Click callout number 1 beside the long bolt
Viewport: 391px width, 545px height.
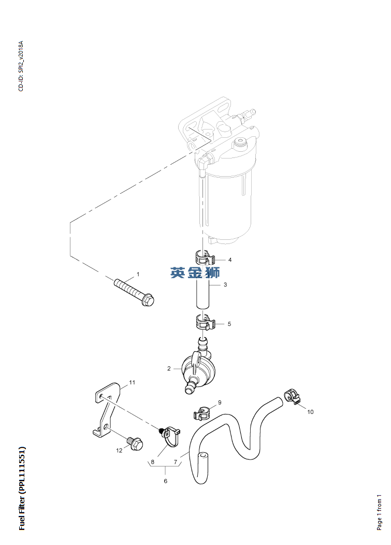click(x=138, y=274)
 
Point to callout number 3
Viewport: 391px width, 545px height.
click(x=225, y=284)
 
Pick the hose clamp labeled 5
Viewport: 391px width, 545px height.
click(x=204, y=322)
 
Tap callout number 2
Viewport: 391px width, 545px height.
click(x=169, y=368)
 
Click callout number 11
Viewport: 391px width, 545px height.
click(x=132, y=382)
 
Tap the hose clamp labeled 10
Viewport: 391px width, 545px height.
click(x=292, y=397)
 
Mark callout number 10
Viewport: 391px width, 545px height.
click(x=310, y=412)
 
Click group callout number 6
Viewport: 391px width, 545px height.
click(x=165, y=481)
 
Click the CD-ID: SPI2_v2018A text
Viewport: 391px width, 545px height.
click(x=21, y=66)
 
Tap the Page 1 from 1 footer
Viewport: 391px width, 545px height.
click(x=379, y=512)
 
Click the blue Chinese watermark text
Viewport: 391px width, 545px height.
click(x=195, y=273)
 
